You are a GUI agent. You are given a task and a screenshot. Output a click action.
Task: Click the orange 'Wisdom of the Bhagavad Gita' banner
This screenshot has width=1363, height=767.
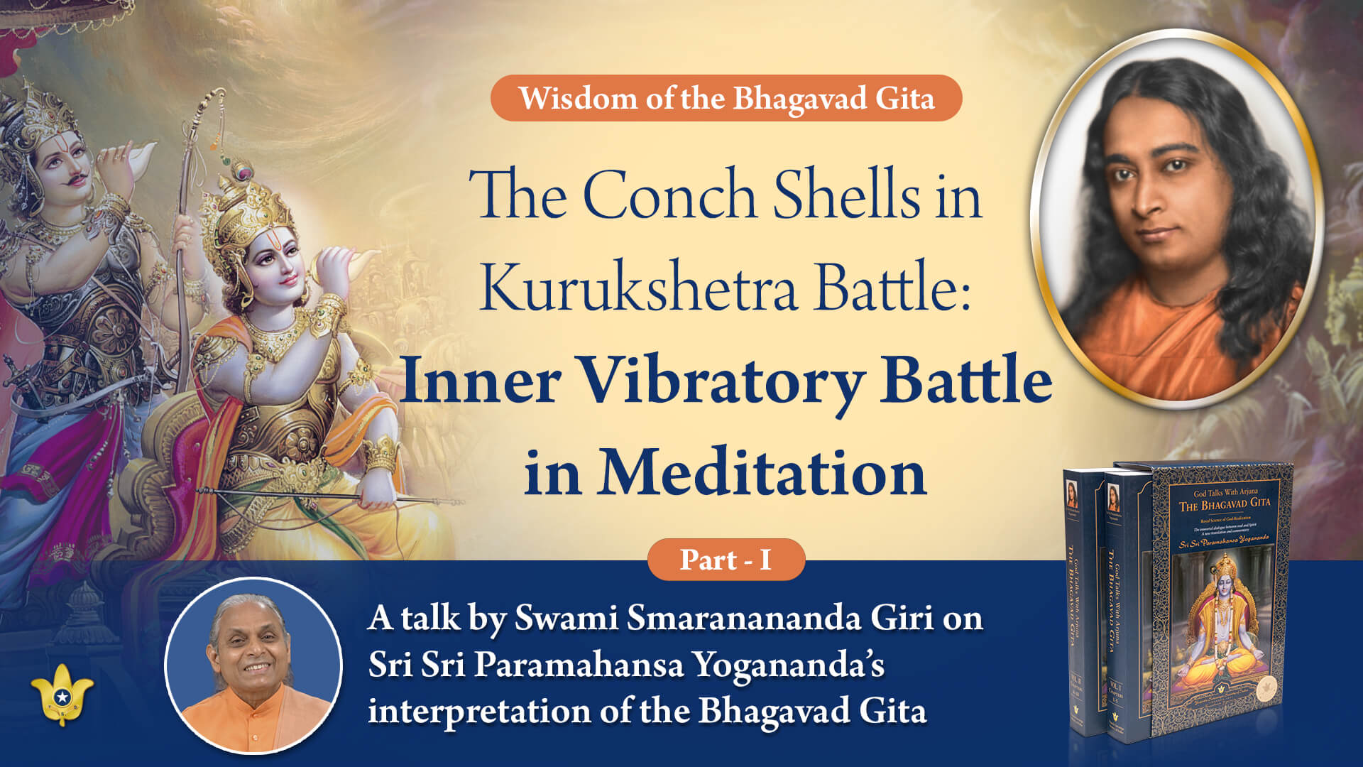(726, 98)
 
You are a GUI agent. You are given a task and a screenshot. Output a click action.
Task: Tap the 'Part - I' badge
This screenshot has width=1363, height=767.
(726, 560)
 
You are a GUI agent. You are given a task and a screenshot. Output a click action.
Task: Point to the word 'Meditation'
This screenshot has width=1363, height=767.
(762, 473)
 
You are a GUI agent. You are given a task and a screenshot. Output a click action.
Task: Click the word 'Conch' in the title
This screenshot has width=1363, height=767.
(669, 195)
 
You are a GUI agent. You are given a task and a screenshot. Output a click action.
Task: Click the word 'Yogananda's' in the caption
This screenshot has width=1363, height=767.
(788, 665)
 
